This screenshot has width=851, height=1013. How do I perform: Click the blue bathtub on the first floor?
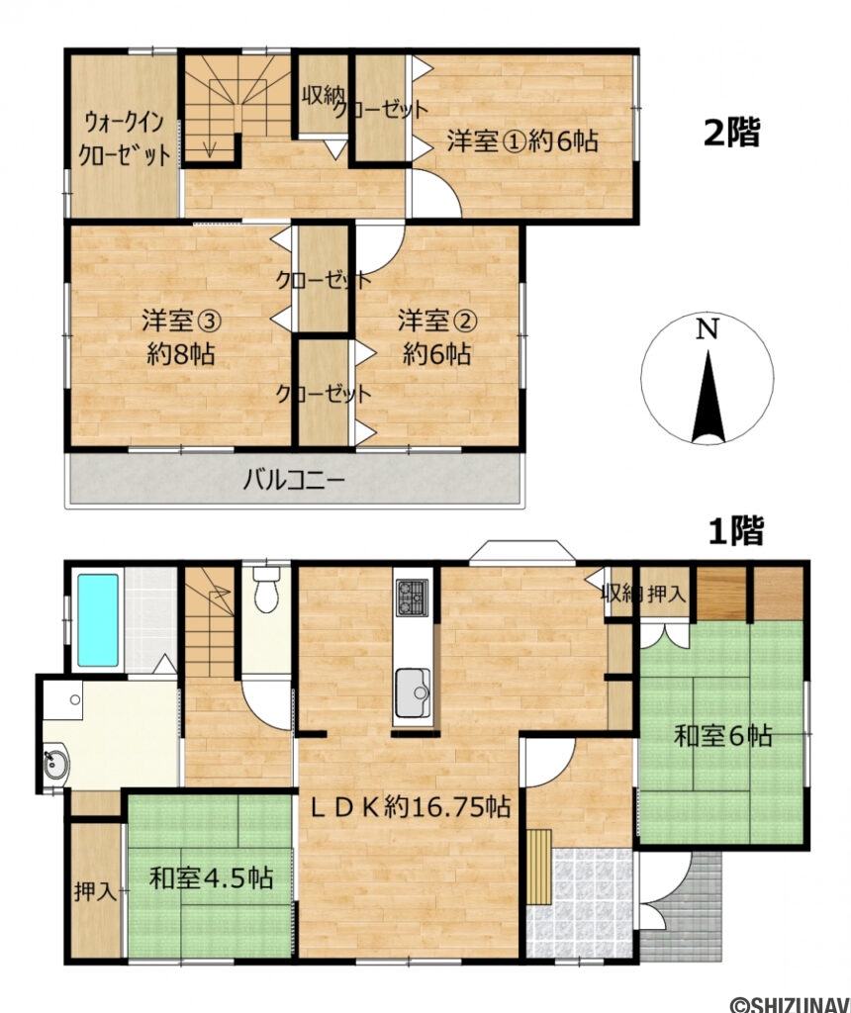[x=97, y=619]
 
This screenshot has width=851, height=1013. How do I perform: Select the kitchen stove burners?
[x=413, y=598]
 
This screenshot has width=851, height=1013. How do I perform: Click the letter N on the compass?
[x=707, y=331]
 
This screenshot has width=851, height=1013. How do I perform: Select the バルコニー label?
[x=294, y=482]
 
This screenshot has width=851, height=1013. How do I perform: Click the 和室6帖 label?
[x=723, y=736]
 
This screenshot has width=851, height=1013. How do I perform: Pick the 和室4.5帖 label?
[x=211, y=876]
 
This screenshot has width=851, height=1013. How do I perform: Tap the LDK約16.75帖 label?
[x=411, y=807]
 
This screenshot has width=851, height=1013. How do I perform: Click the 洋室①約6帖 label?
[x=521, y=140]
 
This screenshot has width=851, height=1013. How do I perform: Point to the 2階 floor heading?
[x=732, y=132]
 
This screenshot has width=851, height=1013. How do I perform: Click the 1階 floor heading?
[x=735, y=531]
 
